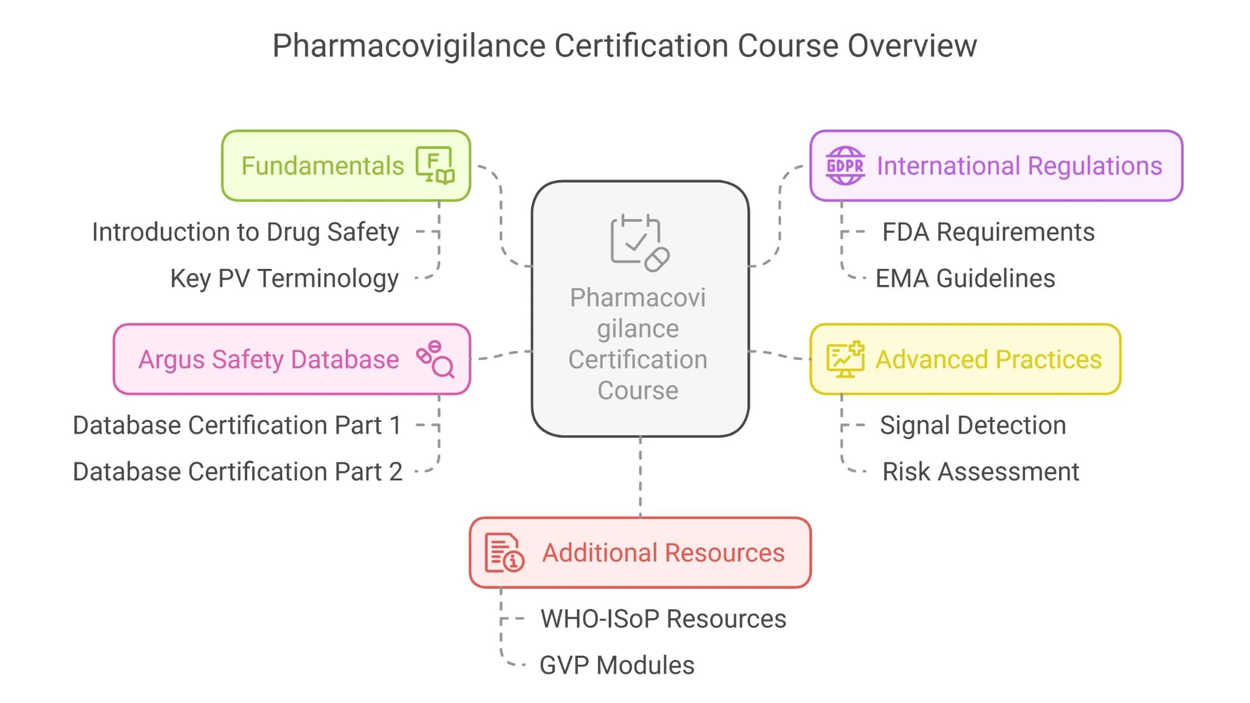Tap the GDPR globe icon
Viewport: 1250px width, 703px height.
click(845, 166)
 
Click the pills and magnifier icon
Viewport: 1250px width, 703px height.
click(435, 359)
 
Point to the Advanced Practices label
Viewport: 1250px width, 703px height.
click(988, 359)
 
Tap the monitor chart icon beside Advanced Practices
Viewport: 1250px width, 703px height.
click(845, 359)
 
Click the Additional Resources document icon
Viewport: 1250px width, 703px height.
click(504, 553)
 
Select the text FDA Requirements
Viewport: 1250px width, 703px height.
click(988, 232)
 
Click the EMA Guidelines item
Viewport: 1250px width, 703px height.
click(965, 278)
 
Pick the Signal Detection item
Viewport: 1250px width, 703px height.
click(973, 425)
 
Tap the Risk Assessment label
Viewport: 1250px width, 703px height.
click(980, 471)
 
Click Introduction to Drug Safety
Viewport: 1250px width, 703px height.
click(246, 232)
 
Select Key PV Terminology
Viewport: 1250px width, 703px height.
click(285, 278)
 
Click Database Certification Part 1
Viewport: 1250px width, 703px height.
click(237, 425)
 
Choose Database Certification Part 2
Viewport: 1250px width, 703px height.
click(237, 471)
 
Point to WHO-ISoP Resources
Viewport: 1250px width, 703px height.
click(663, 619)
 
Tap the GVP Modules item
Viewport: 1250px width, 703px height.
click(617, 665)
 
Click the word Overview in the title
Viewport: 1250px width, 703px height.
click(912, 46)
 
